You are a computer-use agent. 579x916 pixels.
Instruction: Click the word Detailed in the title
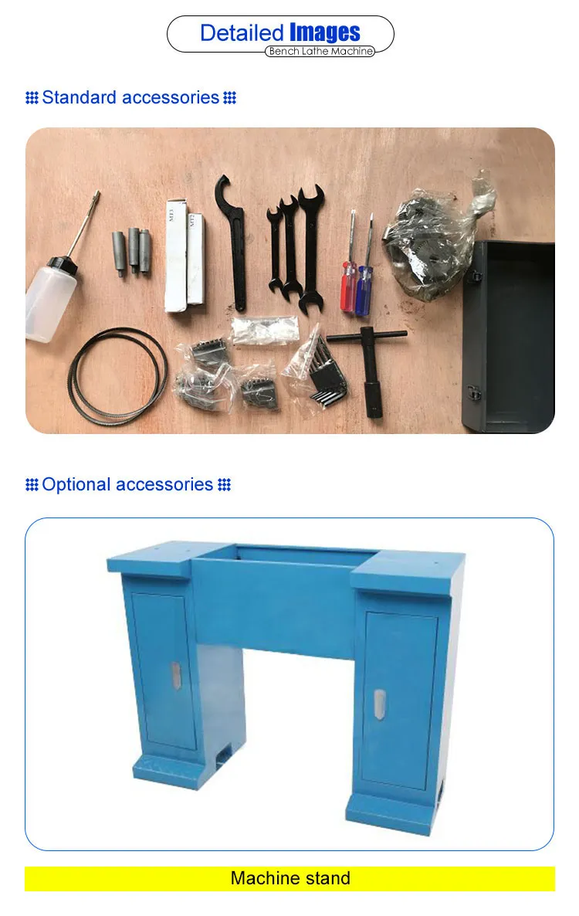click(x=242, y=32)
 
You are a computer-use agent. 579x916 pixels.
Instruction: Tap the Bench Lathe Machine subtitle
click(x=320, y=52)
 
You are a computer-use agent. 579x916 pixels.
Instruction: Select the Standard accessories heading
click(x=130, y=97)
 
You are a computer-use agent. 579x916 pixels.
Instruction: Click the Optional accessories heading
click(x=127, y=484)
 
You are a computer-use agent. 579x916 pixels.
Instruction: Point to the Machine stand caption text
click(x=290, y=878)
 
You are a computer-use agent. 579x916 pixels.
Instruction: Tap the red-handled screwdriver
click(x=350, y=263)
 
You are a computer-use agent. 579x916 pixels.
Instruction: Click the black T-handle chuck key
click(x=370, y=368)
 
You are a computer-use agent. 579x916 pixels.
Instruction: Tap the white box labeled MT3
click(x=175, y=256)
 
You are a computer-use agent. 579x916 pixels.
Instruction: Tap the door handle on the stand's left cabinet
click(x=176, y=675)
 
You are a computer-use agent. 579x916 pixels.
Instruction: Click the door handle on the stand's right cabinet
click(x=379, y=704)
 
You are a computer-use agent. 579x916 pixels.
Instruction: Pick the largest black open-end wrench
click(x=310, y=246)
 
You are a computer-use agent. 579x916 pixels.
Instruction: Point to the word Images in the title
click(x=324, y=32)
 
